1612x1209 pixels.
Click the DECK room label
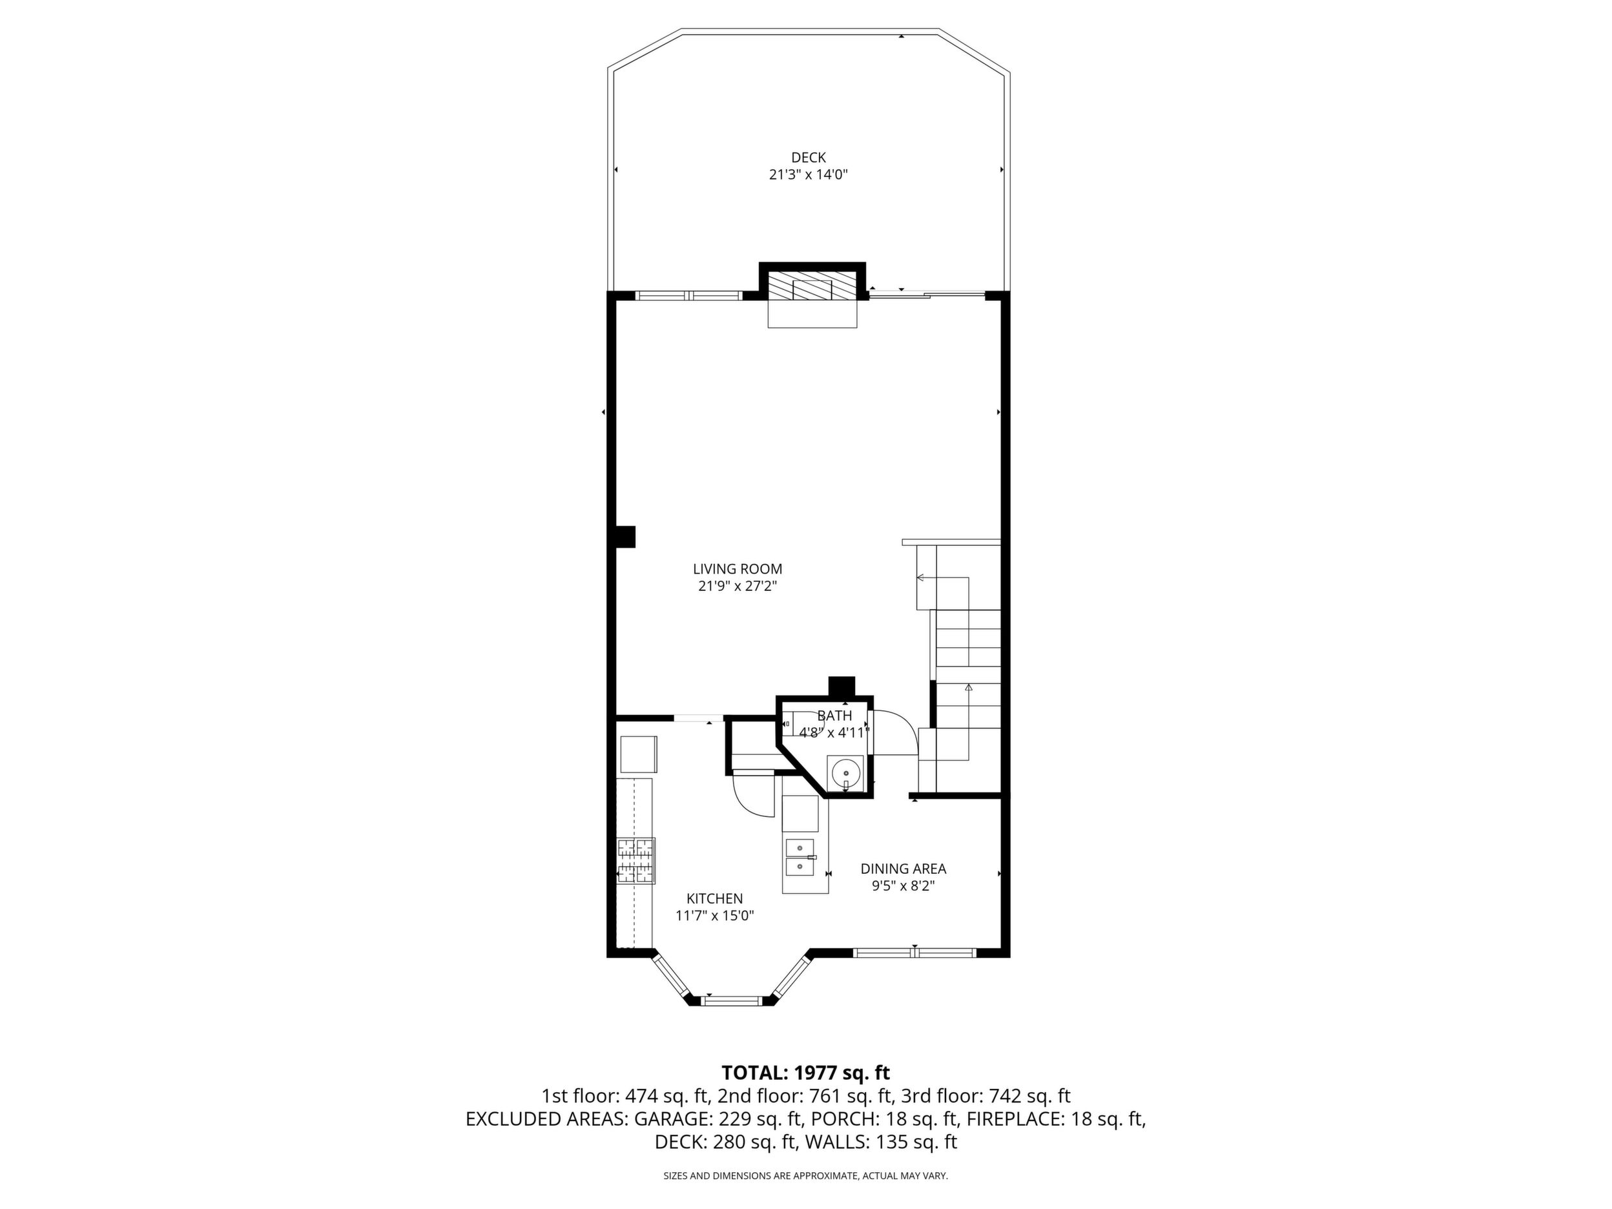(808, 158)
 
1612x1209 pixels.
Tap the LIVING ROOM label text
(738, 569)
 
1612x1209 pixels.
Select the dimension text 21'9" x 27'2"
(738, 586)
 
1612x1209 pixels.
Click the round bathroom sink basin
(846, 770)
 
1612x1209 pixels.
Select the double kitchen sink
(800, 856)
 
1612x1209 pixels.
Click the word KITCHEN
(714, 899)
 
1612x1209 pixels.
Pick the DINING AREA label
(903, 869)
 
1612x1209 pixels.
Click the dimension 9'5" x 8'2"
(903, 886)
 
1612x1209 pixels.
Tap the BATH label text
(834, 716)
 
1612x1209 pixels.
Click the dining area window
(914, 952)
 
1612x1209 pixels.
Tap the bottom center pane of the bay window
(732, 1000)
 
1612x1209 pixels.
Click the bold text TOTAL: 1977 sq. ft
(806, 1073)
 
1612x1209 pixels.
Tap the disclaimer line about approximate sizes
(805, 1176)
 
